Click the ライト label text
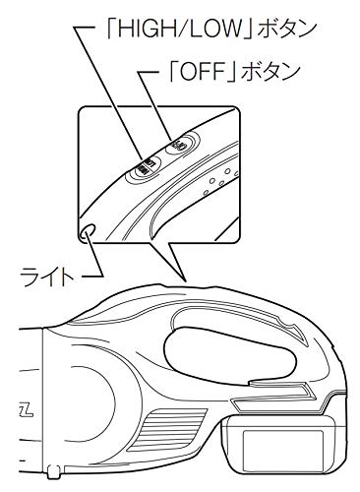click(47, 277)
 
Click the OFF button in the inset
click(183, 144)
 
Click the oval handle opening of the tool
click(229, 356)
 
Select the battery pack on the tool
click(283, 444)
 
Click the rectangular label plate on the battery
click(282, 451)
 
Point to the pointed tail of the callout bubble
click(186, 280)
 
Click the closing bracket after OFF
click(232, 72)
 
